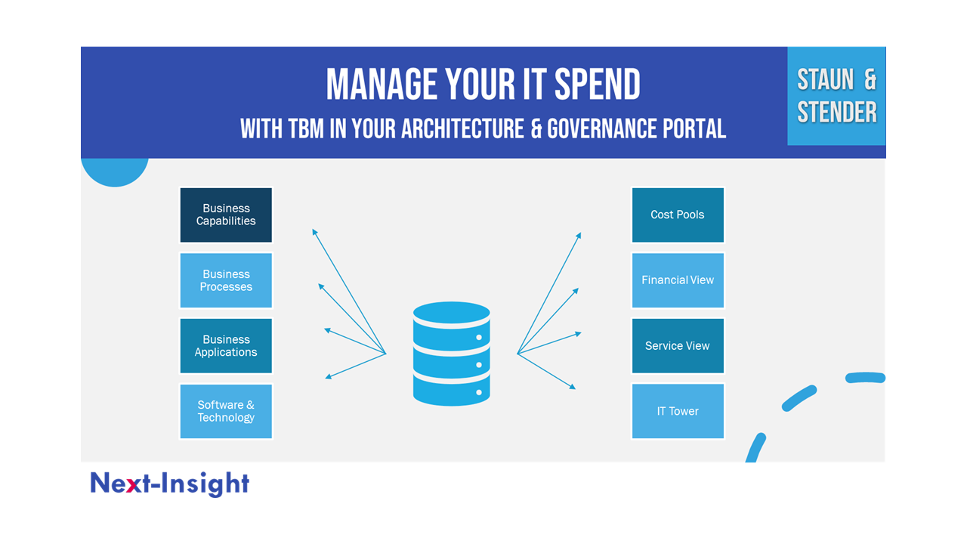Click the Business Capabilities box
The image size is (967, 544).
point(226,215)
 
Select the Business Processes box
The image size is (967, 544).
point(226,280)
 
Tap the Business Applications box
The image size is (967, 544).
point(226,346)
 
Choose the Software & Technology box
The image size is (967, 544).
point(226,411)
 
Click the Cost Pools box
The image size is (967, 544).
point(678,215)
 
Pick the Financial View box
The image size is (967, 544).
point(678,280)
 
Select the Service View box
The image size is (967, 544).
point(678,346)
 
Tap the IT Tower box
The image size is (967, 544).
point(678,411)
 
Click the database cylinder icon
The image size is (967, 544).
point(451,354)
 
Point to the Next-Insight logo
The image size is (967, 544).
point(170,484)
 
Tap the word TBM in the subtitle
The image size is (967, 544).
point(306,128)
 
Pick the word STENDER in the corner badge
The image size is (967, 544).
point(837,113)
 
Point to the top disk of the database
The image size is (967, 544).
point(451,313)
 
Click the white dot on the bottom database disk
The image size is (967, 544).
point(479,392)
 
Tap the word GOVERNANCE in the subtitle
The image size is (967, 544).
point(602,128)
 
